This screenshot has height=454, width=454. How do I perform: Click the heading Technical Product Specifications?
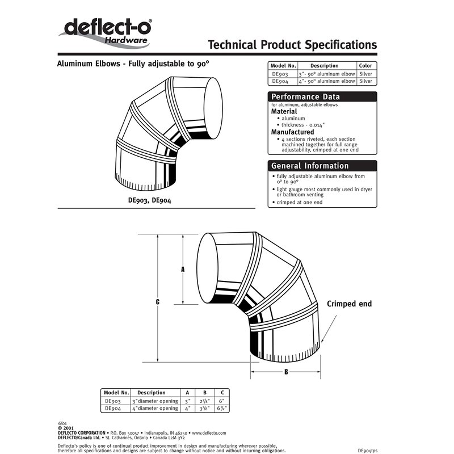click(x=292, y=45)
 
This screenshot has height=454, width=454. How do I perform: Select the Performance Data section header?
click(x=305, y=97)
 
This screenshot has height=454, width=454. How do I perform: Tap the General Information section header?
click(x=309, y=166)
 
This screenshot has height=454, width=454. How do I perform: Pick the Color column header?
click(x=366, y=66)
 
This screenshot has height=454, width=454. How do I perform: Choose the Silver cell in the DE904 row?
click(x=366, y=81)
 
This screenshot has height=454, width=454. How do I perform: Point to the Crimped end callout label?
click(x=349, y=304)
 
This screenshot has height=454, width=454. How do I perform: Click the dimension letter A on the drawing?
click(x=183, y=270)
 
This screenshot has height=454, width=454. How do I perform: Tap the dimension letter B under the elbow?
click(x=286, y=372)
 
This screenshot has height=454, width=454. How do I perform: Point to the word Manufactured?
click(x=292, y=132)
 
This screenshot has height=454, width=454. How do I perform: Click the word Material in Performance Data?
click(x=284, y=112)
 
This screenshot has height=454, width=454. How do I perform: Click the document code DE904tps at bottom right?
click(x=372, y=449)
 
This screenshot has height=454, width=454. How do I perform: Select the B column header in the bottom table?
click(x=203, y=393)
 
